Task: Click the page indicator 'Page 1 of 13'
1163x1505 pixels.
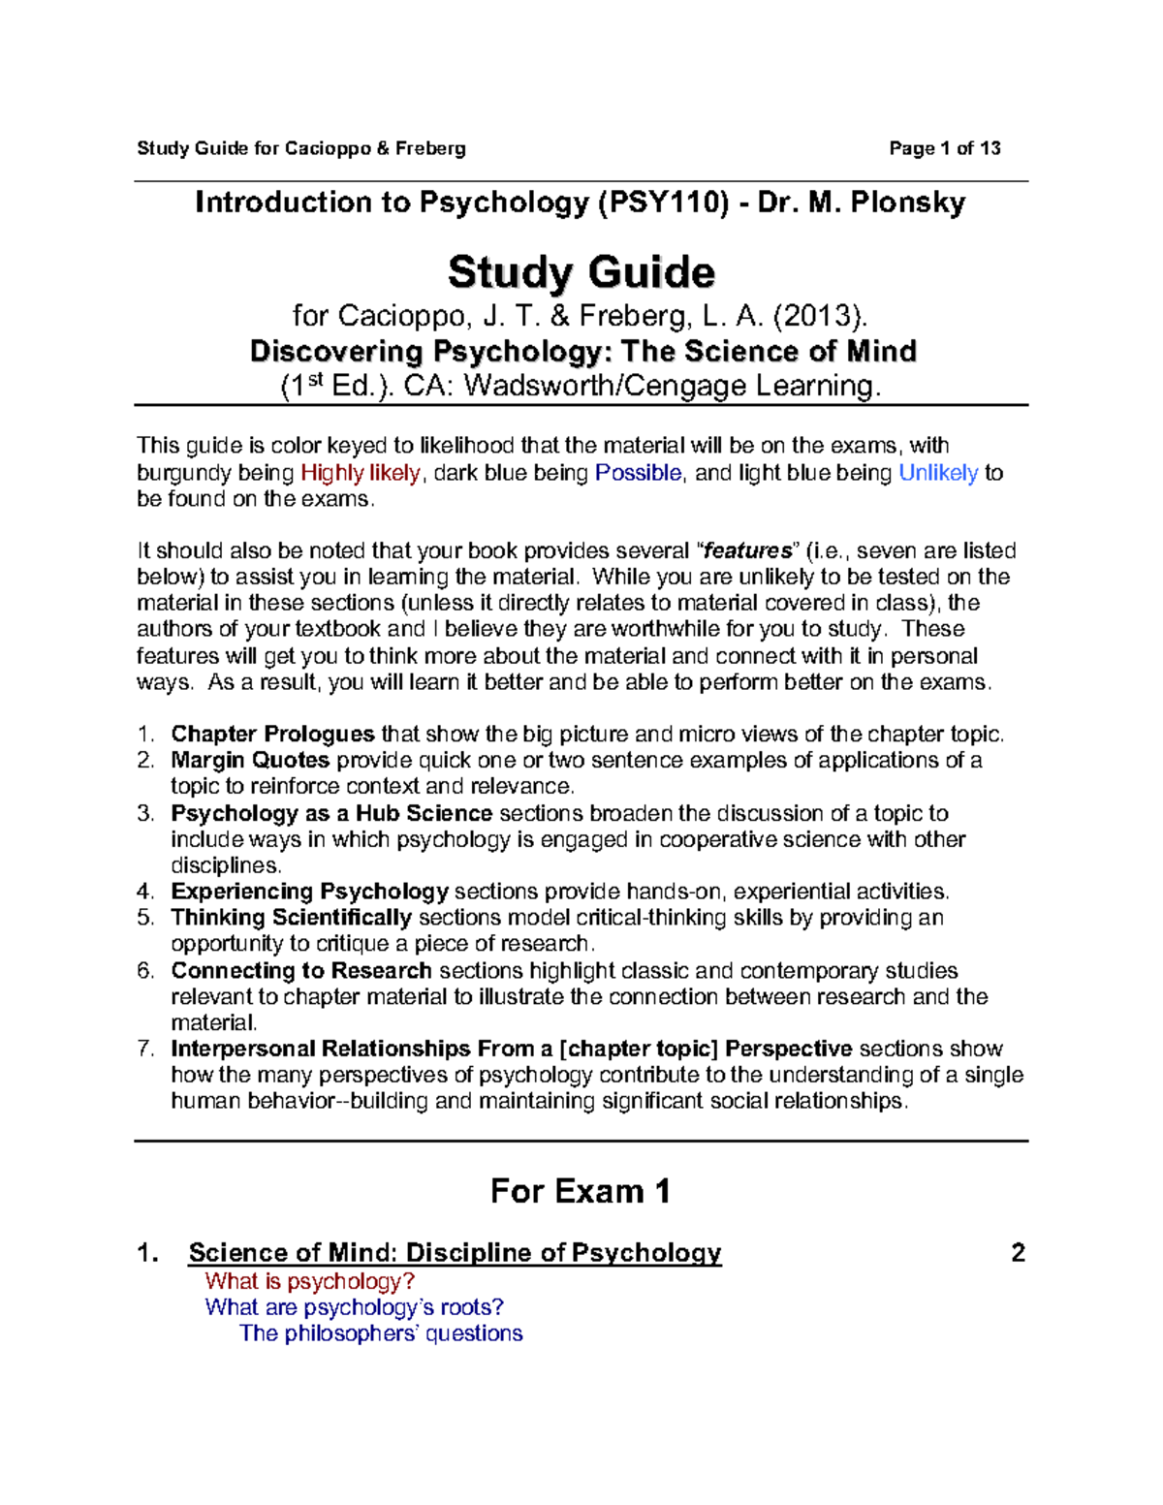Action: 944,148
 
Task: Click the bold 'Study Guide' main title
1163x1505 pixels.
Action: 581,272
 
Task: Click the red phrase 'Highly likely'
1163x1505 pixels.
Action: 361,473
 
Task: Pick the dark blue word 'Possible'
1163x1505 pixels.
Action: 639,473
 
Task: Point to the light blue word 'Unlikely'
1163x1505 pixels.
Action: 938,473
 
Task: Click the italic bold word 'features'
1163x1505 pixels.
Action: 747,551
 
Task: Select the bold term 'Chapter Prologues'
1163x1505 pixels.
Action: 272,734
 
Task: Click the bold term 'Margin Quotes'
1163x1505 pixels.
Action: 250,760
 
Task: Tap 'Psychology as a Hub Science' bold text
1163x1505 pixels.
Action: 331,813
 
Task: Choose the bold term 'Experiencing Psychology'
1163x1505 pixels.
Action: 309,892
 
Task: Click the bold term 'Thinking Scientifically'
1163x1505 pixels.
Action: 291,918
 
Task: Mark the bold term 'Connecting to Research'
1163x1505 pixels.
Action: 300,971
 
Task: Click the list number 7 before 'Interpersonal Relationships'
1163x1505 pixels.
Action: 145,1049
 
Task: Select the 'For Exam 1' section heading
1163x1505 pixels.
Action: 580,1191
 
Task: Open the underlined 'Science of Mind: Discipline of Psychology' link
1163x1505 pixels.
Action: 455,1253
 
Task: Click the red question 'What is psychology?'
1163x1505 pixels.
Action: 309,1281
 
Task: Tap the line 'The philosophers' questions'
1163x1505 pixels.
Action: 381,1333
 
